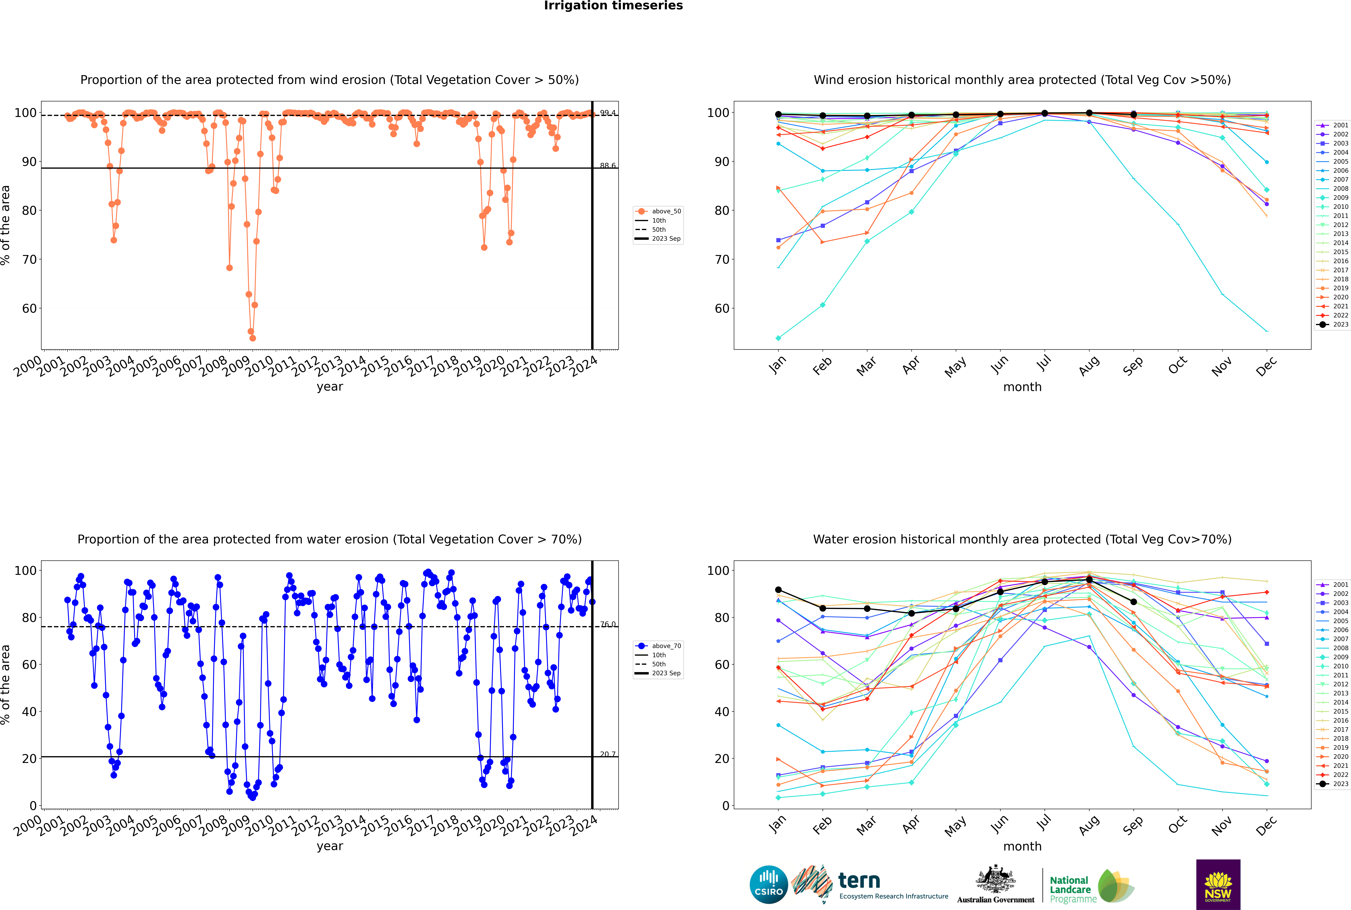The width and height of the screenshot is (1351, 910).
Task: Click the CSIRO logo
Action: [768, 885]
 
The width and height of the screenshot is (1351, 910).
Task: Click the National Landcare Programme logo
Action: [1091, 886]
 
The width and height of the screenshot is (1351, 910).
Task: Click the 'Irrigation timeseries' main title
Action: [613, 6]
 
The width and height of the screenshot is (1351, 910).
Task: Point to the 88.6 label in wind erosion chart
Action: [608, 165]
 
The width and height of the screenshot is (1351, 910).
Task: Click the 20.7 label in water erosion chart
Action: [608, 754]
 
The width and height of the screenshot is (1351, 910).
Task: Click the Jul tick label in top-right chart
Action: [1044, 364]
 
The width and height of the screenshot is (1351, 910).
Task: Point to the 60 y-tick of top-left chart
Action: [29, 309]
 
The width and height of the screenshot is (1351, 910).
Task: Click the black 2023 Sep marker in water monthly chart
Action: [1133, 602]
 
